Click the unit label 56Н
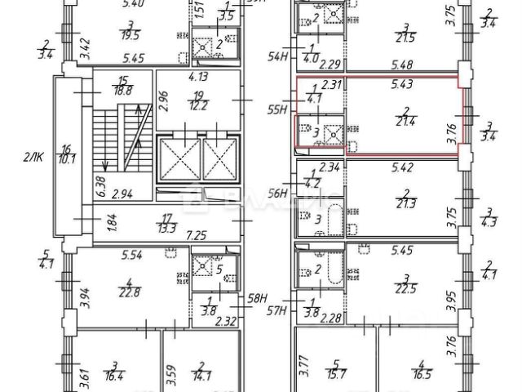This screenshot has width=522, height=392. tap(280, 193)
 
